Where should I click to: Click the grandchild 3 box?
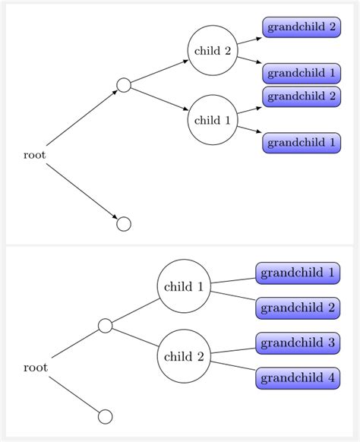click(x=297, y=343)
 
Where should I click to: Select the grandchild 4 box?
click(x=297, y=377)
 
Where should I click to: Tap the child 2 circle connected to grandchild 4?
click(x=184, y=355)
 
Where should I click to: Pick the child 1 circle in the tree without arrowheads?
click(x=184, y=286)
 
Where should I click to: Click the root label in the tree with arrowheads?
click(x=34, y=155)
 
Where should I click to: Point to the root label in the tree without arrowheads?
click(x=35, y=368)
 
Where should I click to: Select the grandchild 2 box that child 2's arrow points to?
click(x=302, y=27)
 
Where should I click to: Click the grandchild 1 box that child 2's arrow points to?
click(x=302, y=73)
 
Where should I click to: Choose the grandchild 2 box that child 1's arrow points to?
click(x=302, y=96)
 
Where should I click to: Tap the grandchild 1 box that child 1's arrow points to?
click(x=302, y=142)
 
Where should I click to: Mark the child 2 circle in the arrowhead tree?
click(x=213, y=51)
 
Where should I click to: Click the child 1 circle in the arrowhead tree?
click(x=213, y=119)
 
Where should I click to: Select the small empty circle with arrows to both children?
click(x=124, y=85)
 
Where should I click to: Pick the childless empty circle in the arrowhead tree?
click(x=124, y=224)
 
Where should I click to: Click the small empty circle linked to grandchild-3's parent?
click(x=106, y=326)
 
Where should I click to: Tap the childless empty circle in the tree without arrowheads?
click(x=106, y=416)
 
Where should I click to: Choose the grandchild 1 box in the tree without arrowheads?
click(x=297, y=272)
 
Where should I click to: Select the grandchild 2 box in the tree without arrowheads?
click(x=297, y=307)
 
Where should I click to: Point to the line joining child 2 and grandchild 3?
click(x=232, y=350)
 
